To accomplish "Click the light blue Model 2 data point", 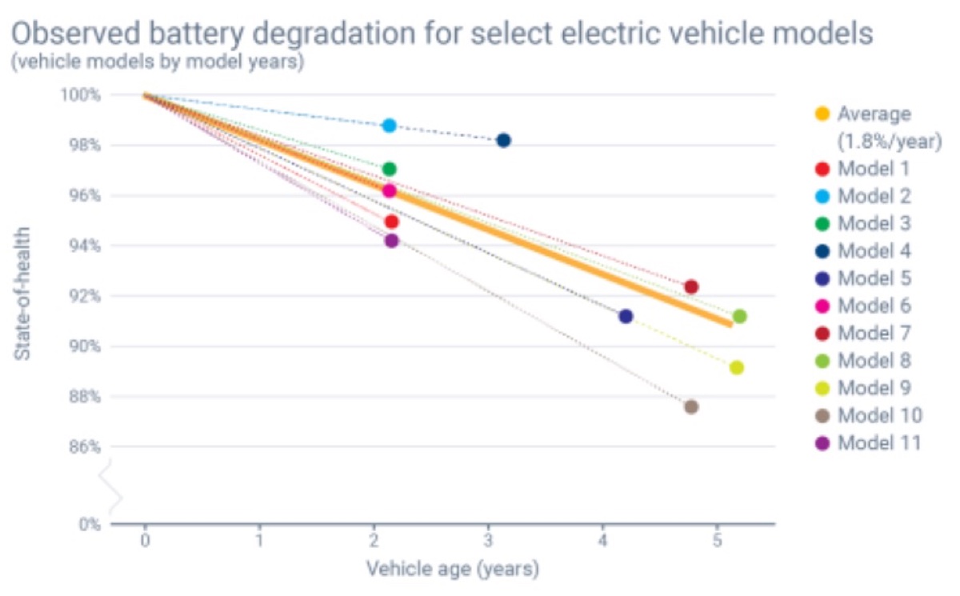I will (390, 126).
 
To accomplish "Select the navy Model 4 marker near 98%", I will (503, 141).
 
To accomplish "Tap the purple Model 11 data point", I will (391, 241).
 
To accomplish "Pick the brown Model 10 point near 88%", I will (691, 406).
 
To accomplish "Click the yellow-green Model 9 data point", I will (737, 368).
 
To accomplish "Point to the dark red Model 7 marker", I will (691, 286).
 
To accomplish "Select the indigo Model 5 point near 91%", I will (626, 316).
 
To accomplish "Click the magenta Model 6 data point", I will (390, 190).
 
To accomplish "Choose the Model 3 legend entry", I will (874, 223).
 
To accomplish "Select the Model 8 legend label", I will (874, 360).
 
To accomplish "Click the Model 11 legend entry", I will (878, 442).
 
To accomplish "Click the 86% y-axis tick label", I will (82, 447).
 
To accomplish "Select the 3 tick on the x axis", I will (488, 541).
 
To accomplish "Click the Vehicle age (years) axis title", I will (452, 570).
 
